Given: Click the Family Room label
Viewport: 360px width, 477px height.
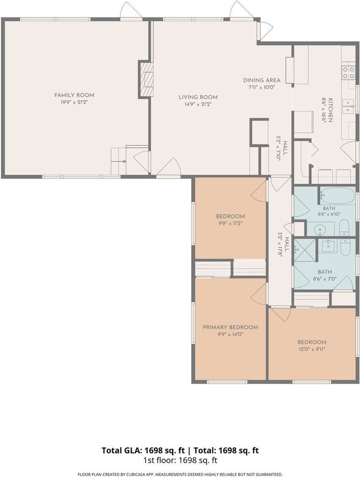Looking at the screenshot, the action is click(74, 95).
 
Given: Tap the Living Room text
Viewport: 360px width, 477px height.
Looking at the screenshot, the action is click(198, 97).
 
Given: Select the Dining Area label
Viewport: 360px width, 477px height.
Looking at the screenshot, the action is click(262, 80).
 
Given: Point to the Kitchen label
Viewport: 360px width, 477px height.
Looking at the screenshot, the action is click(331, 110).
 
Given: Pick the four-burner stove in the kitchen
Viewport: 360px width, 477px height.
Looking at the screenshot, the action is click(349, 73).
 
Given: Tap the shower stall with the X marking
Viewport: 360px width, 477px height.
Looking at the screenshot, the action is click(305, 250).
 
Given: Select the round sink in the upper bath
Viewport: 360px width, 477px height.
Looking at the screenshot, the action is click(320, 229).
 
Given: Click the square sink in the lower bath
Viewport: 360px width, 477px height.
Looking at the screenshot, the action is click(328, 245).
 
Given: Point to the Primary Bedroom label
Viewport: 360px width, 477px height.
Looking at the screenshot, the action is click(230, 327).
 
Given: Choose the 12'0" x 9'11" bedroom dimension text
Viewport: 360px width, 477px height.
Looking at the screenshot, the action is click(312, 349).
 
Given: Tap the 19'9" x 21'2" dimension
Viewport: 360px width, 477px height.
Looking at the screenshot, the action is click(74, 102).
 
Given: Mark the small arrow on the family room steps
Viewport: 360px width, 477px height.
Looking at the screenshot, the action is click(124, 161).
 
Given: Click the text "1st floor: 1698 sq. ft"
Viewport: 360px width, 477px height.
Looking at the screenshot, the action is click(180, 460).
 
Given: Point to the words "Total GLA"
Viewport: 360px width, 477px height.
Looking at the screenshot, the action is click(122, 450).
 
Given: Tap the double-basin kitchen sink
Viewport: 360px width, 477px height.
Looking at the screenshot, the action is click(349, 106).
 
